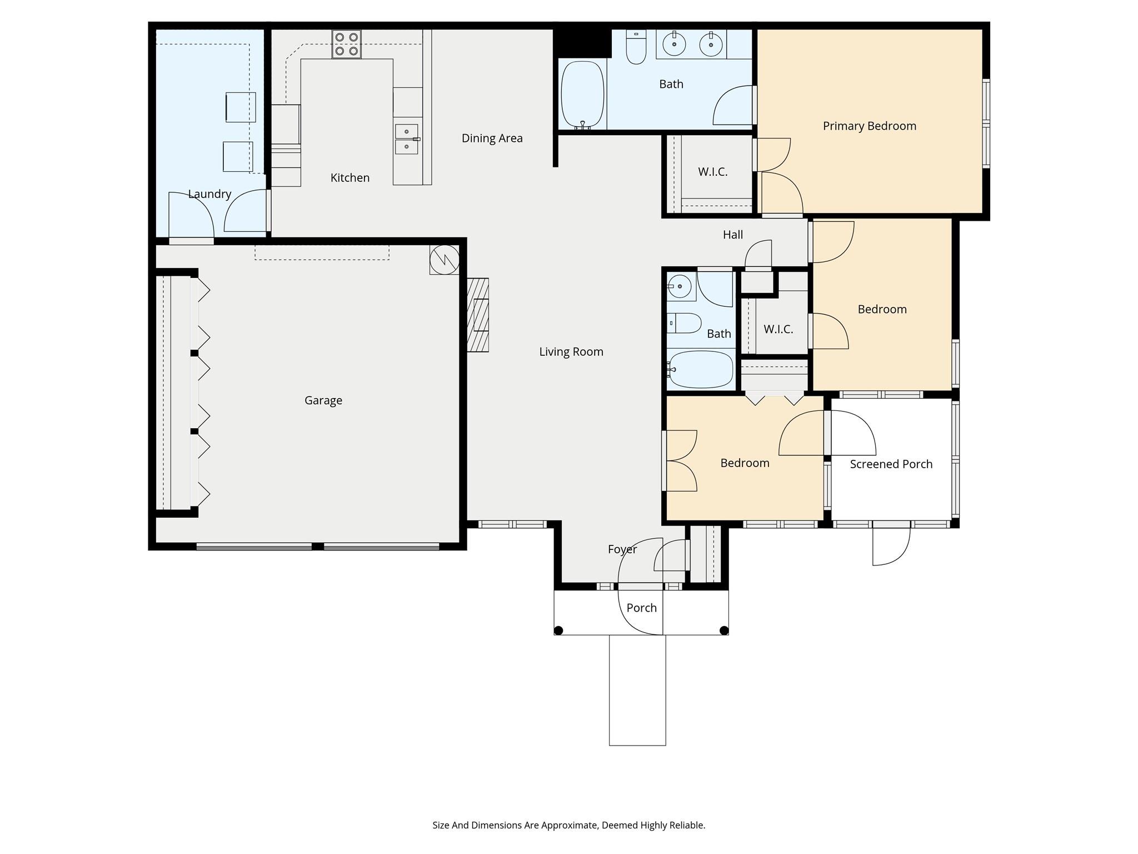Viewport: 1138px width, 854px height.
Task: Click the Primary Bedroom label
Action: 869,126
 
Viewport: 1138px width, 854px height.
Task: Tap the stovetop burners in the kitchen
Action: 346,44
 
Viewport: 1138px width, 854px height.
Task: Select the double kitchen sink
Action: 406,139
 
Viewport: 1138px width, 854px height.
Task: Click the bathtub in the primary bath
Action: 582,95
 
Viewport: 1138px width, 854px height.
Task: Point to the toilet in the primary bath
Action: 636,49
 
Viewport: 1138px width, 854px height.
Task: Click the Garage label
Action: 323,400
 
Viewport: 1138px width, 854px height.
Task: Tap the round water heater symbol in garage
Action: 445,260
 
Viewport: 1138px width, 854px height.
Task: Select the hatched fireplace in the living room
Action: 477,315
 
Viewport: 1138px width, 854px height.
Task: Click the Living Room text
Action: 571,352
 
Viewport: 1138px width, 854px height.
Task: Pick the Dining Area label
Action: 492,138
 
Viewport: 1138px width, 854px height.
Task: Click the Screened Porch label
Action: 891,464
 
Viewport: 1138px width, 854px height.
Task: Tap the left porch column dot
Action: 559,630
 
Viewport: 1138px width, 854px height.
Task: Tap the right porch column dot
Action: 723,630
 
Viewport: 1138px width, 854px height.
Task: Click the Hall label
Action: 732,235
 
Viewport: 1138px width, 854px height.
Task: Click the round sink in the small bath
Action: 680,286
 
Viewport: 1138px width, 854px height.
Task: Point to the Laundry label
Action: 209,194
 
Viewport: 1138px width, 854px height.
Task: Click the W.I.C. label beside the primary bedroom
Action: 712,172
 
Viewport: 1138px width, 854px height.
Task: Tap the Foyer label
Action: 622,549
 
